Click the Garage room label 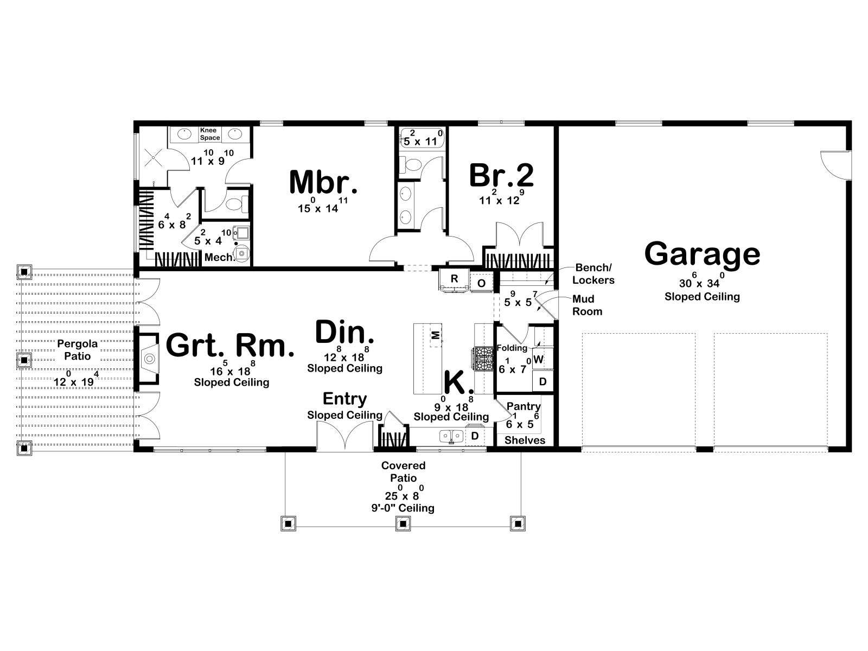(x=702, y=254)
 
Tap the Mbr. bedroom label (x=323, y=182)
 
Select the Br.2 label (x=501, y=175)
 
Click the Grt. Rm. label (x=230, y=345)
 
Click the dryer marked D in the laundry (x=542, y=381)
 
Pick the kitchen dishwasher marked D (x=475, y=436)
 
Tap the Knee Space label (x=209, y=134)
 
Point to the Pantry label (x=523, y=406)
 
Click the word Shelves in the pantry (x=525, y=441)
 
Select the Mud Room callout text (x=587, y=305)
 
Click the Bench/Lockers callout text (x=593, y=274)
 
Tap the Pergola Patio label (x=78, y=350)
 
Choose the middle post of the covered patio (x=403, y=524)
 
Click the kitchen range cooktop (x=482, y=359)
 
